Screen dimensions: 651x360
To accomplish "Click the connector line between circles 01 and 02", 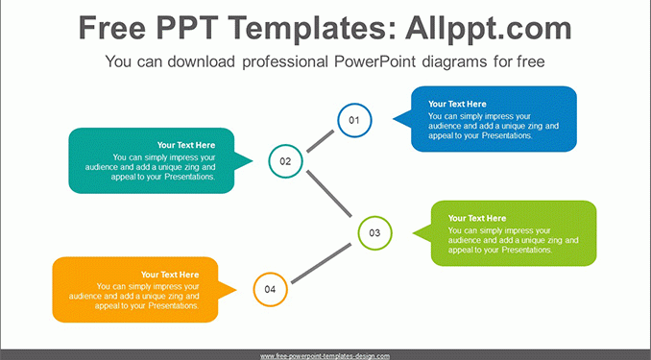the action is click(x=320, y=141).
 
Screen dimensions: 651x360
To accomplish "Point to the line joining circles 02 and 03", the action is click(x=329, y=194).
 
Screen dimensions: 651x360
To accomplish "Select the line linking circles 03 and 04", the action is click(x=321, y=264).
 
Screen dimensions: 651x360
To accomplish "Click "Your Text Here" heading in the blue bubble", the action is click(x=457, y=104).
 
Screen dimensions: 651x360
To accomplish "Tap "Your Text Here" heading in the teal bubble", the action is click(x=186, y=145).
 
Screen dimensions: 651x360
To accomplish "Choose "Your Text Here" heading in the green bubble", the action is click(x=477, y=218).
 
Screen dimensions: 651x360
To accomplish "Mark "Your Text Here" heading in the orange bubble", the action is click(x=170, y=275).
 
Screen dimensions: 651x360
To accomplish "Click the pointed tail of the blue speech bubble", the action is click(x=394, y=119).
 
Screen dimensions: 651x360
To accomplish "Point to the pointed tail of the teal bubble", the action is click(x=252, y=160).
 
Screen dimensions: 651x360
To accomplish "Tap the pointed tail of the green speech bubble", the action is click(x=414, y=233).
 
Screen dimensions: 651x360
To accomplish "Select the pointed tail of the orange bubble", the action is click(x=236, y=290).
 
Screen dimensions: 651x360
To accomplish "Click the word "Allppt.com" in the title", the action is click(x=489, y=28).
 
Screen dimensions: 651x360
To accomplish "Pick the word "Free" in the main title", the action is click(x=112, y=28).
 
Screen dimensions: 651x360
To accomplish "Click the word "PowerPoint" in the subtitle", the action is click(x=374, y=61).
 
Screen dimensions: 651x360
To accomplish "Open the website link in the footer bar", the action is click(x=325, y=356).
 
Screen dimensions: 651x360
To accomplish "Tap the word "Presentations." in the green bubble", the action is click(x=526, y=250).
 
